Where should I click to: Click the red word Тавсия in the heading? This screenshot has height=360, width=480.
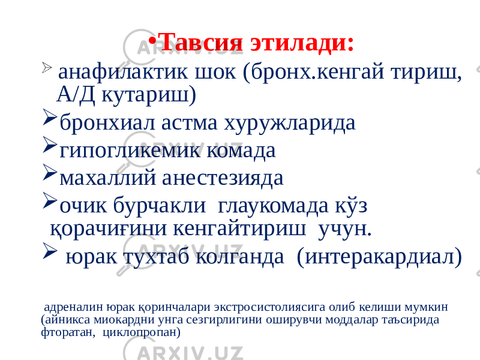tap(202, 43)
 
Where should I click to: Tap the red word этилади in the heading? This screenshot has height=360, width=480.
tap(302, 43)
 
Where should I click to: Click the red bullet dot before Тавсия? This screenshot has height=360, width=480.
tap(152, 41)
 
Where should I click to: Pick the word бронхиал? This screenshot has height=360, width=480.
tap(108, 123)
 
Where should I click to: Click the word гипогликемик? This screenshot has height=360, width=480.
tap(130, 151)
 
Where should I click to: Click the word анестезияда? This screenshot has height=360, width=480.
tap(223, 178)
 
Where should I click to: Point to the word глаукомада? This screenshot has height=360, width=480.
tap(273, 206)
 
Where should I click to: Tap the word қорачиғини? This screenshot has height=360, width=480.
tap(109, 229)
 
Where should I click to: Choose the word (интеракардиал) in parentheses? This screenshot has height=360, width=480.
tap(379, 257)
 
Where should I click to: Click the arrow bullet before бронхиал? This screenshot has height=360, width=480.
tap(50, 116)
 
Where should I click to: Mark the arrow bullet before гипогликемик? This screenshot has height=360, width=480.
tap(50, 145)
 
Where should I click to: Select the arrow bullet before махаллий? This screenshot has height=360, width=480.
tap(50, 172)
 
